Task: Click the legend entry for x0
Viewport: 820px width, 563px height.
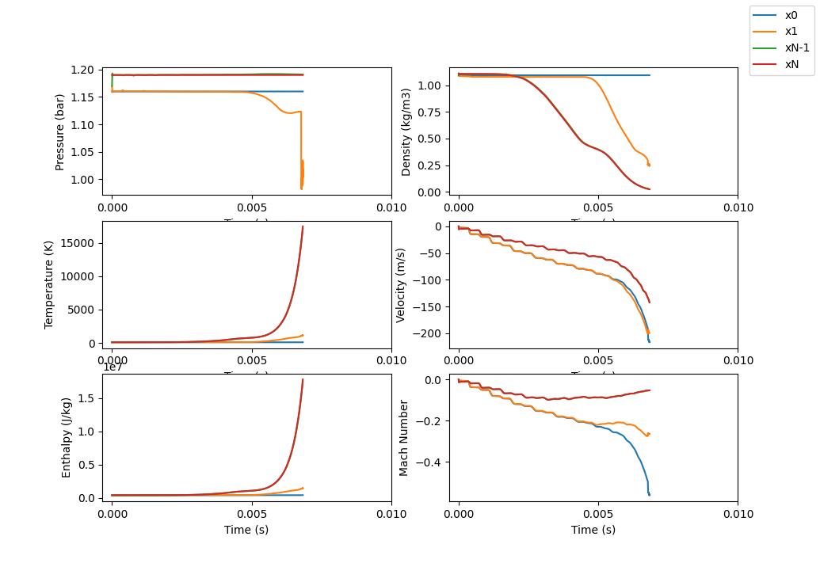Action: [x=791, y=15]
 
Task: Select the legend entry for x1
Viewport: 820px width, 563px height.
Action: [x=791, y=32]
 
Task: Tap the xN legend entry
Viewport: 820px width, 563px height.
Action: [x=791, y=64]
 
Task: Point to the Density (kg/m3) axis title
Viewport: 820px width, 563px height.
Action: [x=406, y=131]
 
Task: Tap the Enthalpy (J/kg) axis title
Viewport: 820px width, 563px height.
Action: [x=67, y=437]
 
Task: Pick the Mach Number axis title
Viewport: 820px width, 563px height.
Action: [x=404, y=437]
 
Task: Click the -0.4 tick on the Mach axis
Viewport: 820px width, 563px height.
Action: [x=430, y=462]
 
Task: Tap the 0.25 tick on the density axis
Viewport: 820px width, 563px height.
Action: [x=431, y=165]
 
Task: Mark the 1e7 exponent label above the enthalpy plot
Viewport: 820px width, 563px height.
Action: [x=114, y=366]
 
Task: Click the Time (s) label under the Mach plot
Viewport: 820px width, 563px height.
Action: [x=593, y=530]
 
